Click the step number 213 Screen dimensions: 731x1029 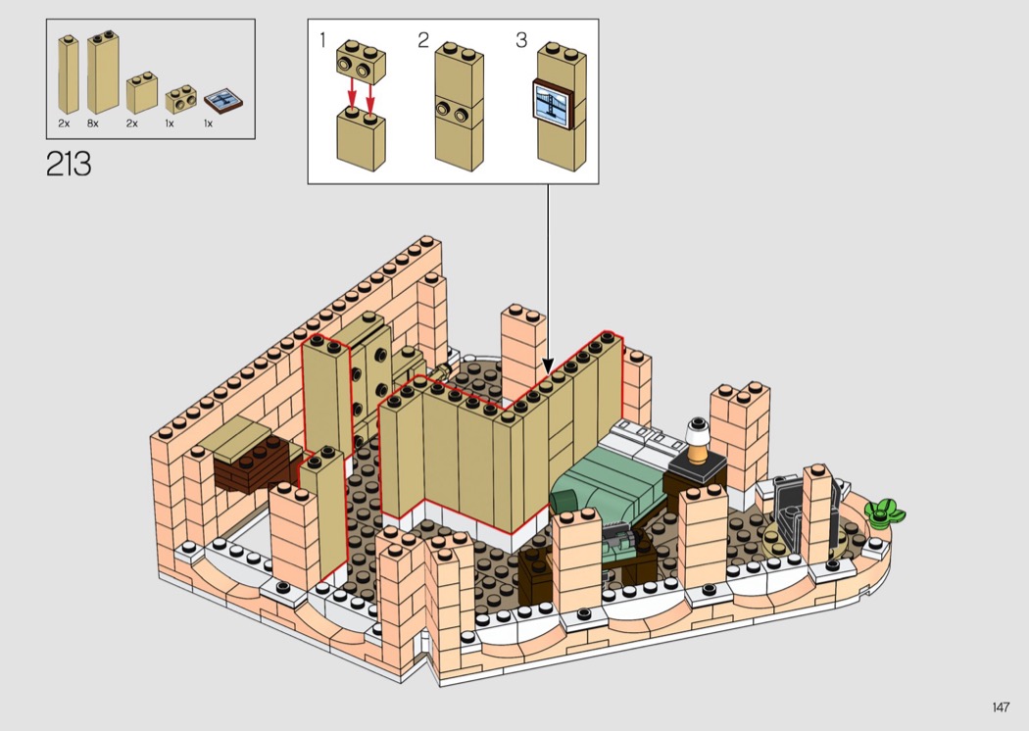(x=68, y=164)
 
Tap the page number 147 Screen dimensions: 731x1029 (x=1000, y=707)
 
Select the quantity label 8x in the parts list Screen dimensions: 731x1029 (x=92, y=124)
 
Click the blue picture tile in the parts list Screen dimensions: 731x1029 (x=224, y=100)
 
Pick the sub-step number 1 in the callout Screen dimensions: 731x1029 (x=322, y=40)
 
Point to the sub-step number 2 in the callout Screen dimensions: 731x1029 (x=423, y=40)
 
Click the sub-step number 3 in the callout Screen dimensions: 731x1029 (x=521, y=40)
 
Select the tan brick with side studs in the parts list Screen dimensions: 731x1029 (x=182, y=99)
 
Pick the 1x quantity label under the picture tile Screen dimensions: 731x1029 (x=208, y=124)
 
